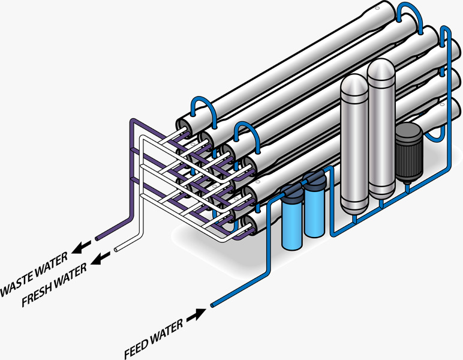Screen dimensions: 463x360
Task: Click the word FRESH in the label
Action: click(37, 294)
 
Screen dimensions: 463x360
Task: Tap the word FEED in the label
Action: click(136, 349)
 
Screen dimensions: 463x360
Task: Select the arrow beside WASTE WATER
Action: click(81, 247)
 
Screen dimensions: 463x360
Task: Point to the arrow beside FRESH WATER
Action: click(100, 258)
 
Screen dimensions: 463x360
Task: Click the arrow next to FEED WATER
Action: click(196, 315)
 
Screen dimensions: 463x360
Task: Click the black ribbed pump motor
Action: click(409, 152)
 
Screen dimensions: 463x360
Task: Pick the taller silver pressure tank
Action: click(381, 128)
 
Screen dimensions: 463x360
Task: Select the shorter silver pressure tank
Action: click(354, 144)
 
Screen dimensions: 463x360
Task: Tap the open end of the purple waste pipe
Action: click(97, 238)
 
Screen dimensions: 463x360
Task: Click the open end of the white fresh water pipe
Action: click(116, 250)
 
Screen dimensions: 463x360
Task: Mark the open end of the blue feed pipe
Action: click(212, 305)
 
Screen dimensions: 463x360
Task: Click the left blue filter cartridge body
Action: click(292, 226)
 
